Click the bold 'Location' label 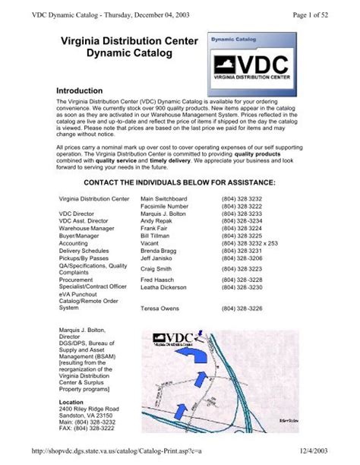pos(71,401)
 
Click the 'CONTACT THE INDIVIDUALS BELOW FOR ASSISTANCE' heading pos(178,182)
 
